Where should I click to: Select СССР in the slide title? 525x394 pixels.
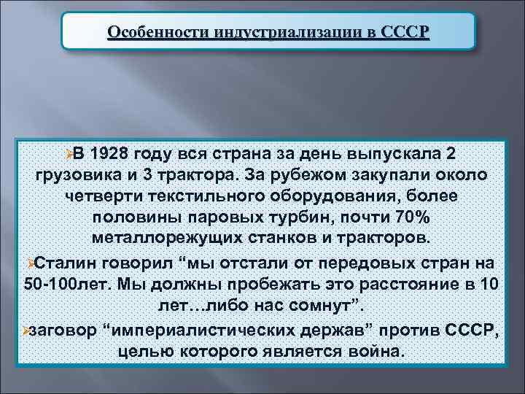(405, 33)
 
